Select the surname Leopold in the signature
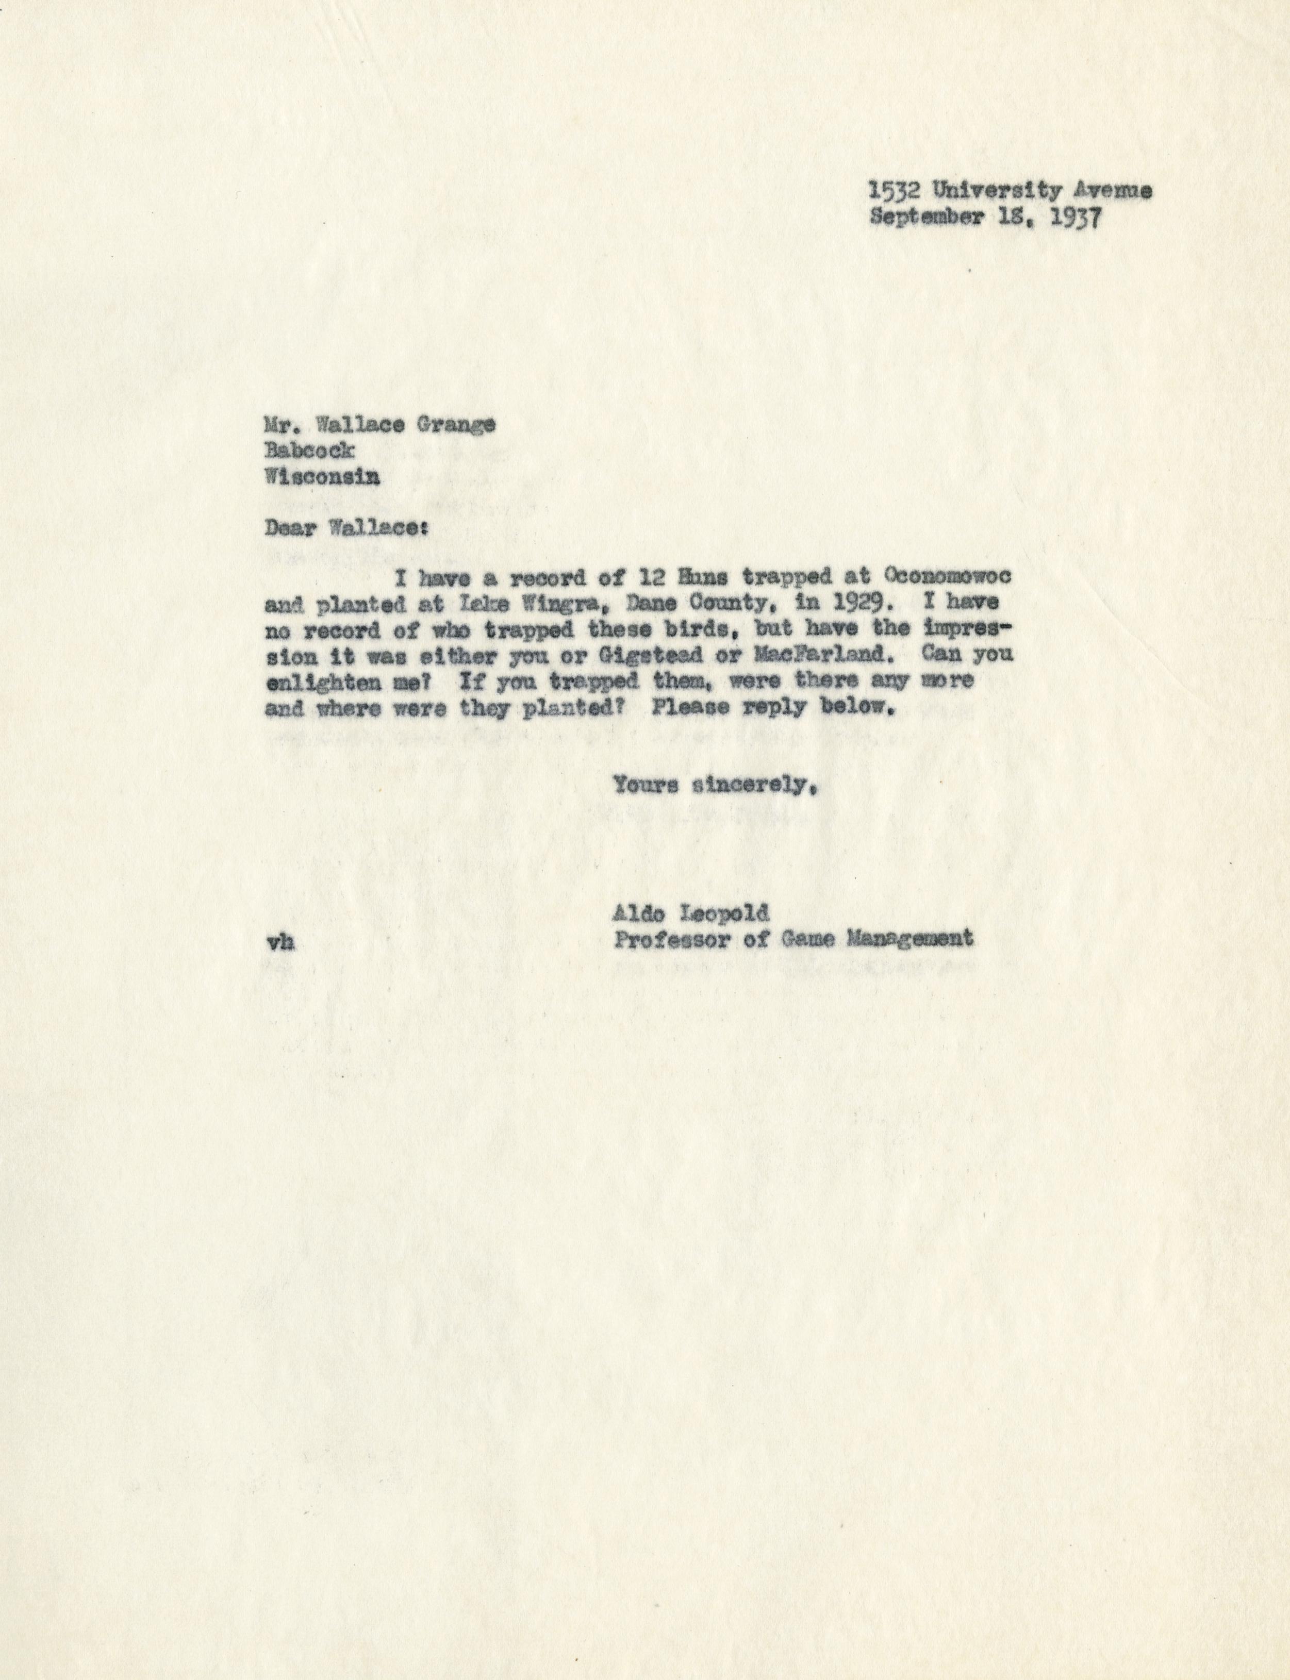click(733, 913)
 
